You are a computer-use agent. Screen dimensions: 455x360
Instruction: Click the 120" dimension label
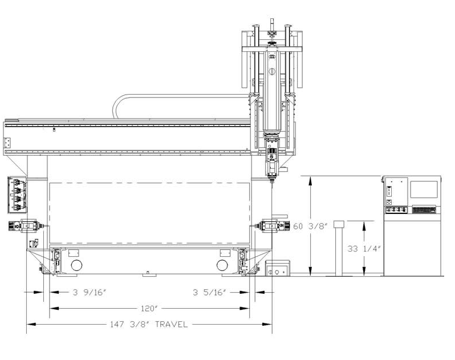point(149,308)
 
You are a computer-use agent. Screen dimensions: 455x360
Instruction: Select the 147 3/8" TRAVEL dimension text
point(149,324)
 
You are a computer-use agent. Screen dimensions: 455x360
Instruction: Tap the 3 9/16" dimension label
point(90,292)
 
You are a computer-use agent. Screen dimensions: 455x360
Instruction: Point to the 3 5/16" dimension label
point(209,292)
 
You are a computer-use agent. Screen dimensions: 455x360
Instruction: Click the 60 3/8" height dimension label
point(311,226)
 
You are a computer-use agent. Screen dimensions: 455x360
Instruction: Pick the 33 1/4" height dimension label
point(364,249)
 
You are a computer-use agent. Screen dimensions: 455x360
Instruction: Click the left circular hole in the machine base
point(76,265)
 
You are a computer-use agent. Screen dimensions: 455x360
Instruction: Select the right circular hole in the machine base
point(222,265)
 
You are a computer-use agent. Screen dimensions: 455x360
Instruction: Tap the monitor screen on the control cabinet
point(424,189)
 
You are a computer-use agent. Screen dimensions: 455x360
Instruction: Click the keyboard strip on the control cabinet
point(424,210)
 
